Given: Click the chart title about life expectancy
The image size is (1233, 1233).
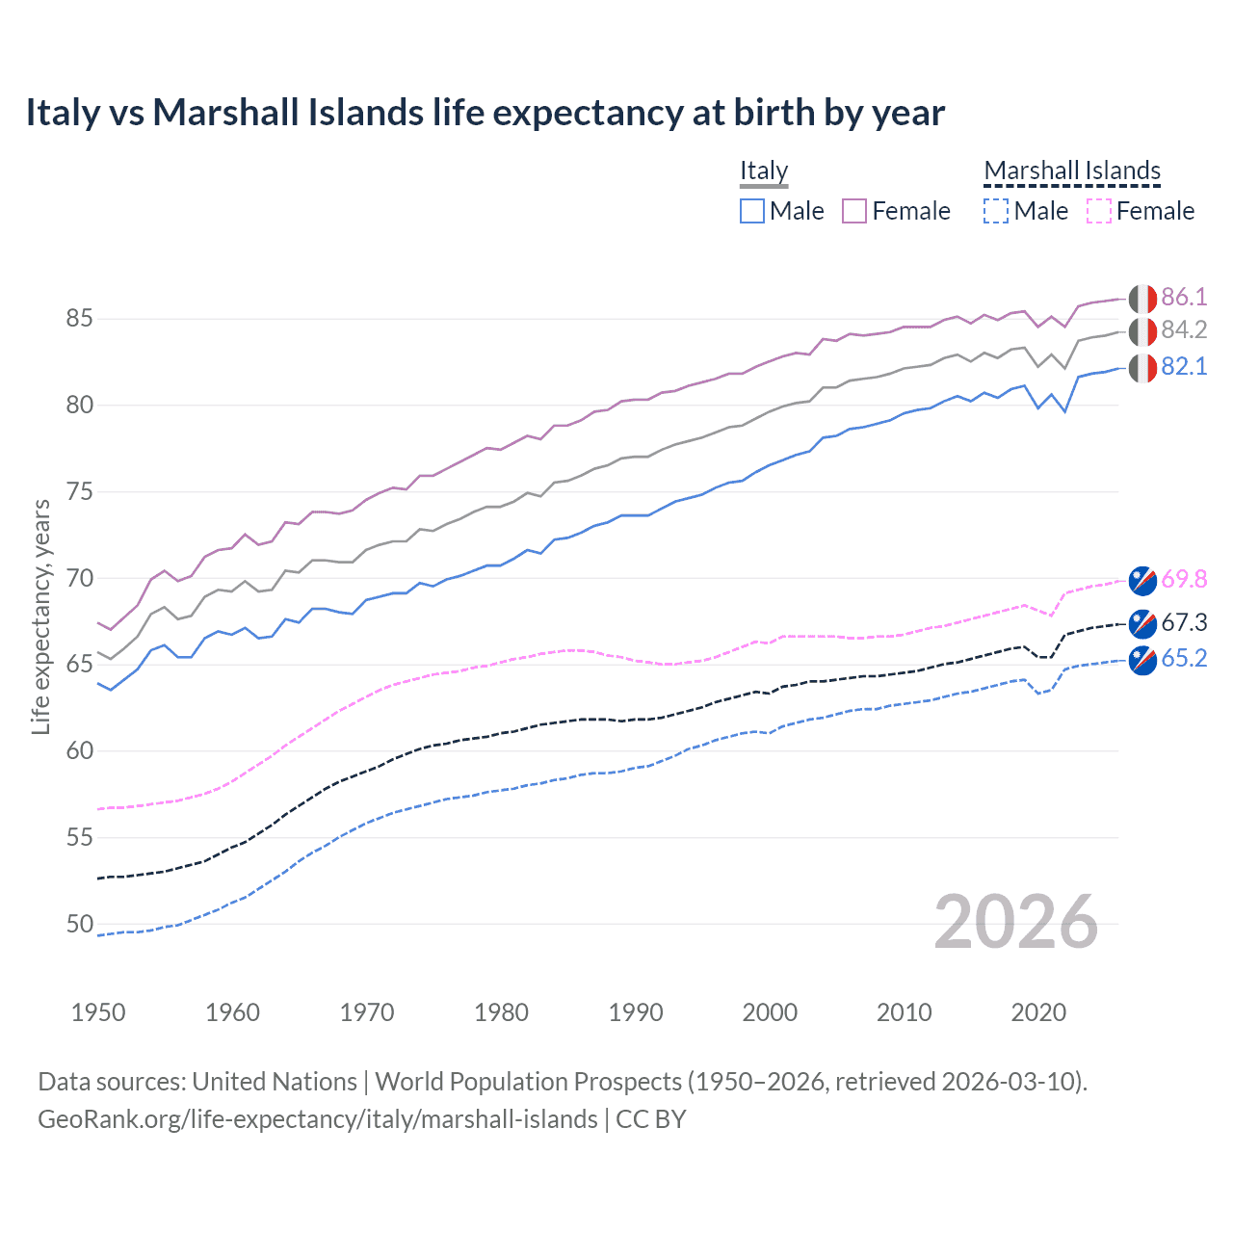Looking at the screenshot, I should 485,113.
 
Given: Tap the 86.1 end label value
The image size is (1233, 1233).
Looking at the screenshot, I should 1184,297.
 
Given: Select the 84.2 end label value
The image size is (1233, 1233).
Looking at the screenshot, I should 1184,330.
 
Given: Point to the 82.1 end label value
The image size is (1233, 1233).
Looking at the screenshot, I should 1184,367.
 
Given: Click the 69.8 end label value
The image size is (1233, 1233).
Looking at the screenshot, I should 1184,579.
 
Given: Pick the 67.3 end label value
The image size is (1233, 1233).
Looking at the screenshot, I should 1184,622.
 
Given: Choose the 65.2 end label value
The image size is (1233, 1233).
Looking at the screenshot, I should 1184,658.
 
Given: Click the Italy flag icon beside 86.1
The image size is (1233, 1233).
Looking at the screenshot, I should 1142,298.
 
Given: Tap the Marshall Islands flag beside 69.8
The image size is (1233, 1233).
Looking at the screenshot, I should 1142,580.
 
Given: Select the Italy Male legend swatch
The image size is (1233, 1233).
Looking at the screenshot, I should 752,211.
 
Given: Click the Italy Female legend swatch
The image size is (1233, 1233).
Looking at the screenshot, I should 854,211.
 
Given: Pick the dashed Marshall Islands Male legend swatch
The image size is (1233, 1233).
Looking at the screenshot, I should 996,211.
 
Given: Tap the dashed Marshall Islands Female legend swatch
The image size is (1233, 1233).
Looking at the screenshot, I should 1099,211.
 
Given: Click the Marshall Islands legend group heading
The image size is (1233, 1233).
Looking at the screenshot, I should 1072,171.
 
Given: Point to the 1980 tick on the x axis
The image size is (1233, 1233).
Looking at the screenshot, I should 501,1012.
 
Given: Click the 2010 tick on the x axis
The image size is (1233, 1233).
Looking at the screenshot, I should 904,1012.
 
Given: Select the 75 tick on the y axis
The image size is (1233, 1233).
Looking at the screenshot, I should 80,492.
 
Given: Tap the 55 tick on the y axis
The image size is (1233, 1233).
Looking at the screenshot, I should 80,838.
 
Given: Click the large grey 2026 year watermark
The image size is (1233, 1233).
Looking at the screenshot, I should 1015,922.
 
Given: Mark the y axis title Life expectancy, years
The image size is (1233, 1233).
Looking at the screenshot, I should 41,616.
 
